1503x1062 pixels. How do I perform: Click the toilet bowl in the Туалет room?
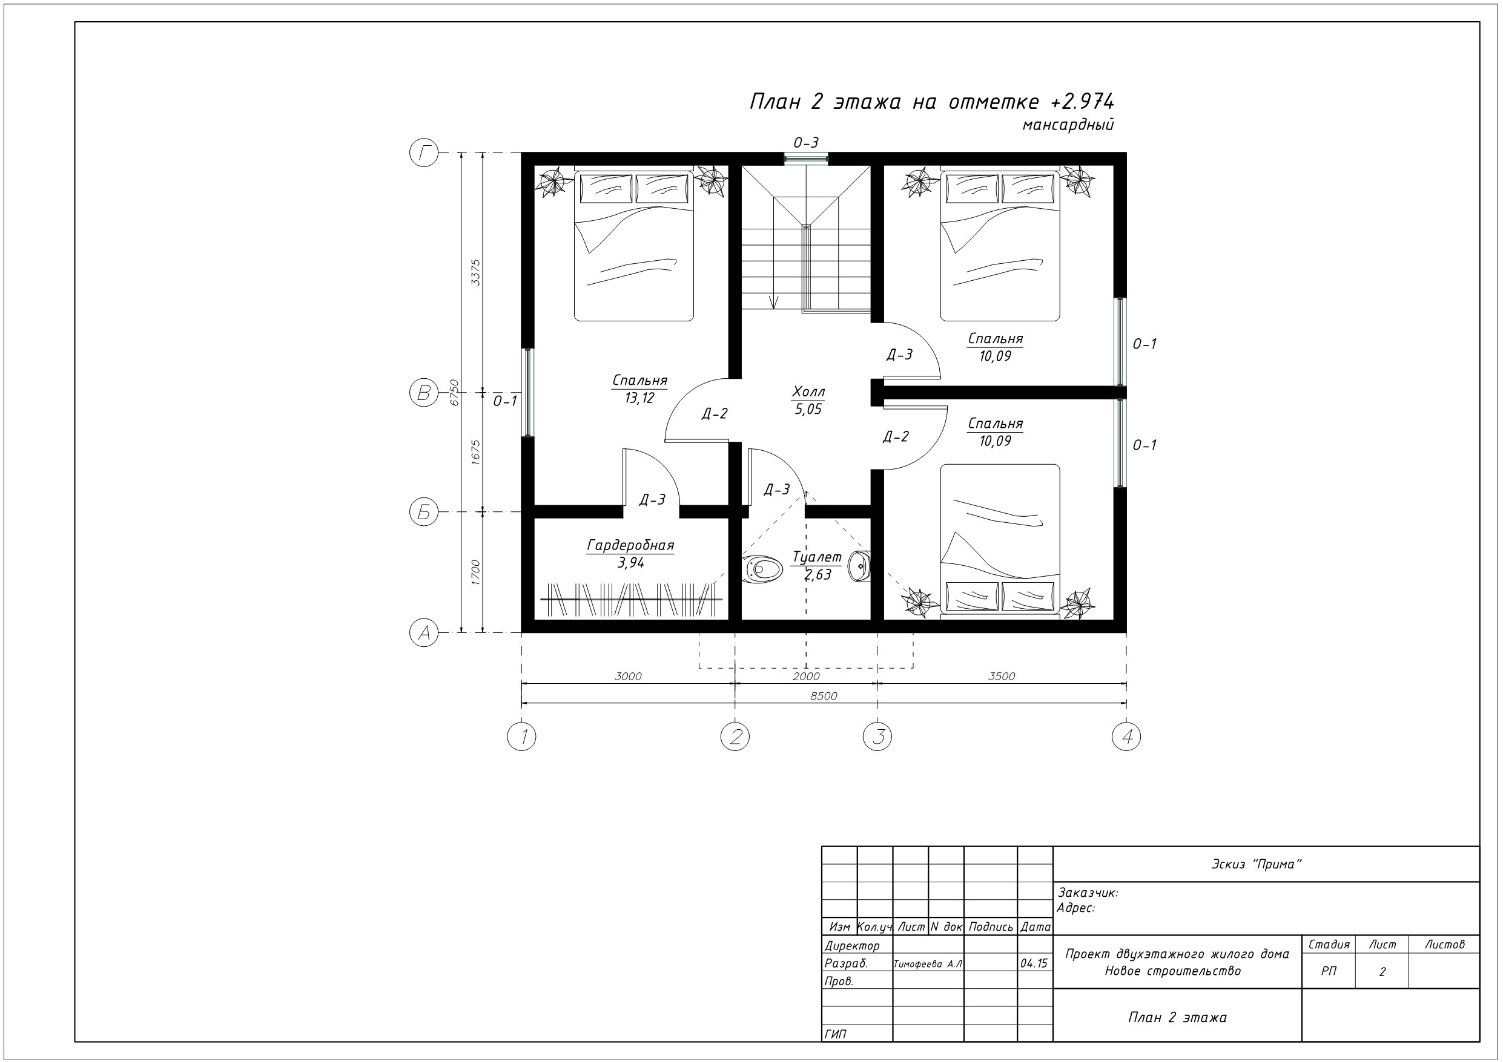(762, 569)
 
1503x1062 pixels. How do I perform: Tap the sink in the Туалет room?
(859, 566)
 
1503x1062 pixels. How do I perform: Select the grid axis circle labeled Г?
(424, 153)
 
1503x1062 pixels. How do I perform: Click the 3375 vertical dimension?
(476, 272)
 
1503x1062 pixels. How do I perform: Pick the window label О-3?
(806, 143)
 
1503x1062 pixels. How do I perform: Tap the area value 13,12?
(639, 398)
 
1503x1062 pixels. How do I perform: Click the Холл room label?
(808, 392)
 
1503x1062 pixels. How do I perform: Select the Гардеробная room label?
(630, 545)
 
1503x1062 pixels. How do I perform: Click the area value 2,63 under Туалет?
(818, 574)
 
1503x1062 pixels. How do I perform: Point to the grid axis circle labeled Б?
(424, 512)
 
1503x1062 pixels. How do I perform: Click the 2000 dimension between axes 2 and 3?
(806, 676)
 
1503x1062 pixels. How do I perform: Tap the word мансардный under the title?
(1068, 124)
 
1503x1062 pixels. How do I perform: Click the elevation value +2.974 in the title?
(1082, 102)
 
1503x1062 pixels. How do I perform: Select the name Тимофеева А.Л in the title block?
(928, 964)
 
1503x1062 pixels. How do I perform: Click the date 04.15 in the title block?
(1034, 964)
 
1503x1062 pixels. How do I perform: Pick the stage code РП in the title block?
(1329, 971)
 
